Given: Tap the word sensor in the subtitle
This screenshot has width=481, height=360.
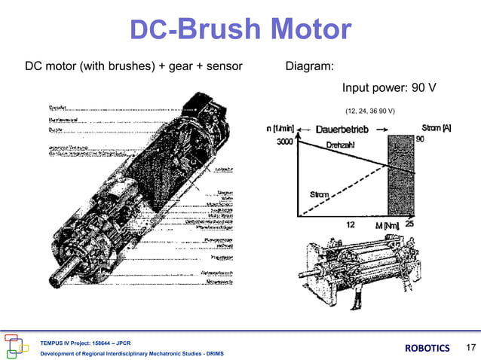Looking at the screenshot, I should [x=225, y=67].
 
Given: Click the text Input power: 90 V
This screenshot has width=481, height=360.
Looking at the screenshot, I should [x=389, y=88].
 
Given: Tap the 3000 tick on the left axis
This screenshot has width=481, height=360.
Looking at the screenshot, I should [x=285, y=142].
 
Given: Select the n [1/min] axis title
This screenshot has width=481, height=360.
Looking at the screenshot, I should [x=280, y=130].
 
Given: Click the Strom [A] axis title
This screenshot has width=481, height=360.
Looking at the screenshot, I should [x=437, y=129].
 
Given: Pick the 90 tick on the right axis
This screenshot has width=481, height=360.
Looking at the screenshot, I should [x=440, y=140].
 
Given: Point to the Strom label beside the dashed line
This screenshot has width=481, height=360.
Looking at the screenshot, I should [x=320, y=196].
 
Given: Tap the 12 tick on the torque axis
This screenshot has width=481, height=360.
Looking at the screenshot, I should [x=351, y=225].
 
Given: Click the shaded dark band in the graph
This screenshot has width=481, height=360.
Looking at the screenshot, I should [x=399, y=178].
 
